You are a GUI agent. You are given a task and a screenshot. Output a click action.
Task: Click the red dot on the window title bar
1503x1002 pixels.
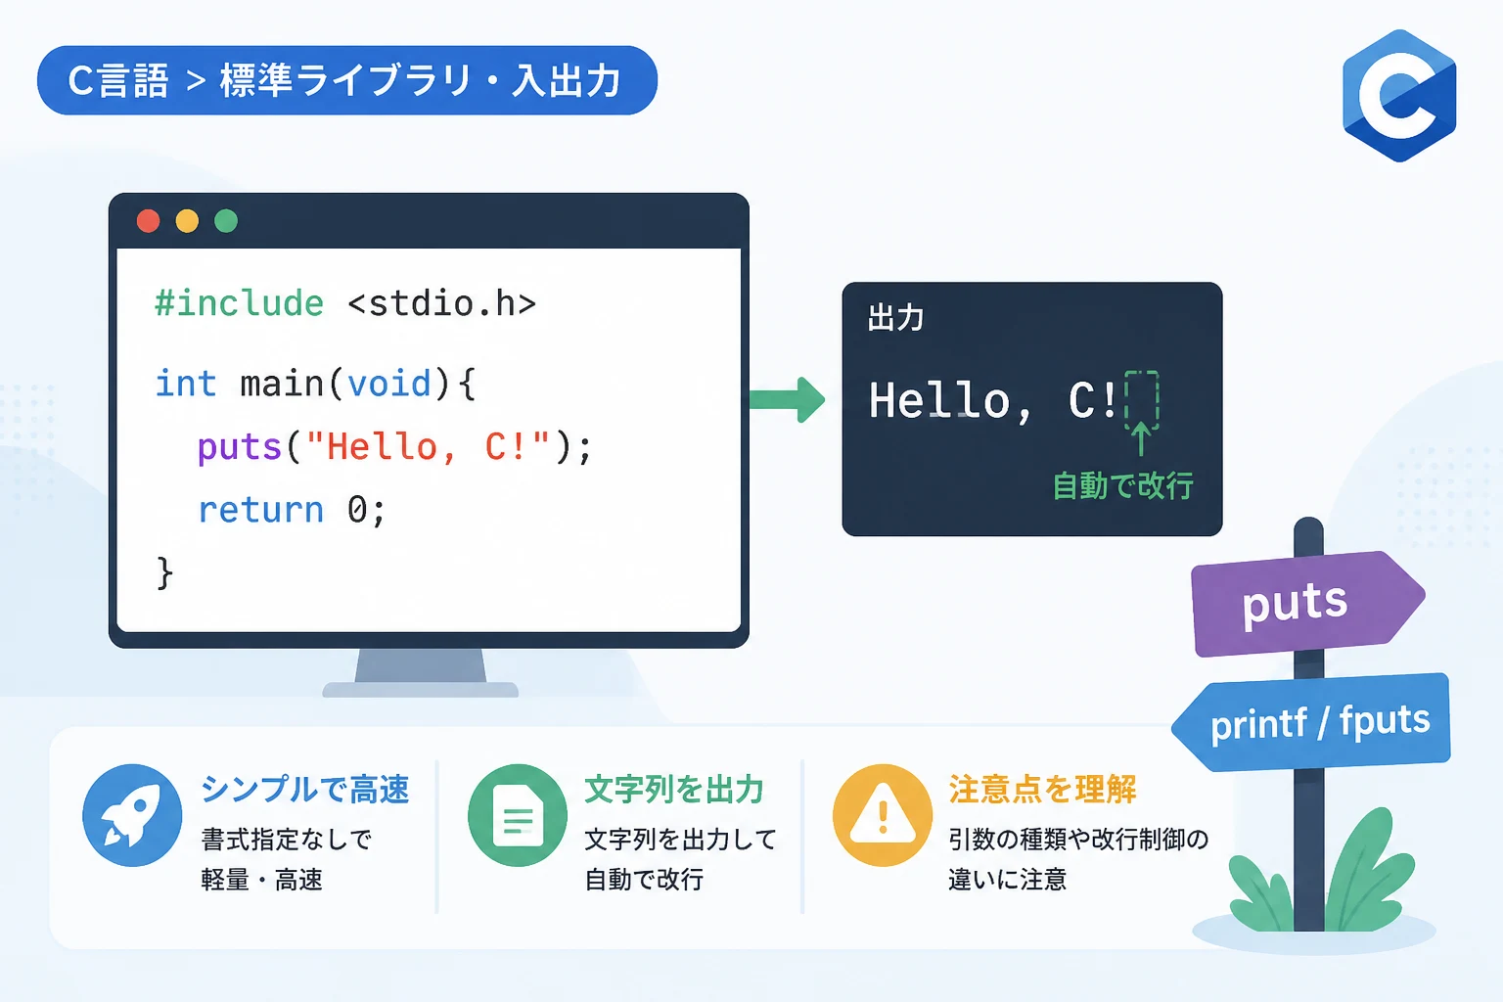[149, 221]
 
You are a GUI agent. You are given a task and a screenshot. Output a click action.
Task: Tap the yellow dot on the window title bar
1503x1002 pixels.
[187, 221]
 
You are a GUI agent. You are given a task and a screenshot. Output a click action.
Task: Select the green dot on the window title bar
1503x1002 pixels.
[226, 221]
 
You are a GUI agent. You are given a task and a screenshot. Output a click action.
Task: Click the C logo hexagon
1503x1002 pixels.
[1399, 96]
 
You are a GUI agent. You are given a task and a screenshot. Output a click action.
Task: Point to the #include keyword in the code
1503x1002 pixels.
[240, 303]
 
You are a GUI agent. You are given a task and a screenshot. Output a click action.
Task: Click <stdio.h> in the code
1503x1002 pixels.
[442, 303]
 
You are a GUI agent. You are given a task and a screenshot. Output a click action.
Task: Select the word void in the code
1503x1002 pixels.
[389, 384]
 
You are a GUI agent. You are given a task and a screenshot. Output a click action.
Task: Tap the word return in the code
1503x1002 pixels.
[261, 510]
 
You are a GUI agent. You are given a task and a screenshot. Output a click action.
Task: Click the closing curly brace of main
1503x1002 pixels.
[164, 573]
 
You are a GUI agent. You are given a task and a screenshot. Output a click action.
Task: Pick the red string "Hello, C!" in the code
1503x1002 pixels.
[428, 446]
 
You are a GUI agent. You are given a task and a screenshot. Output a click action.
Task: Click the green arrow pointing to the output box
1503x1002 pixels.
[788, 400]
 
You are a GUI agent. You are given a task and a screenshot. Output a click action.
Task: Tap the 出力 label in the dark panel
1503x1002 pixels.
[895, 317]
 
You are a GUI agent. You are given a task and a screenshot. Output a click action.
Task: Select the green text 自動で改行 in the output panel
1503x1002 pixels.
[1122, 485]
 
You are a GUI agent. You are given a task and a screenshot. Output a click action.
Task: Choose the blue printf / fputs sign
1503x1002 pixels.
[1312, 722]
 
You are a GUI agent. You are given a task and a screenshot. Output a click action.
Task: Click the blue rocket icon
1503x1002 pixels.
[132, 815]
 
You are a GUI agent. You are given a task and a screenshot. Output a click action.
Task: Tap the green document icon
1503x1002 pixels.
[518, 815]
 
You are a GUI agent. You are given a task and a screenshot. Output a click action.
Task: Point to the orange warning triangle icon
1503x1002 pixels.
[883, 815]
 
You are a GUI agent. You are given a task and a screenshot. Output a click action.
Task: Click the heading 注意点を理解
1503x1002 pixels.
[1042, 790]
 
